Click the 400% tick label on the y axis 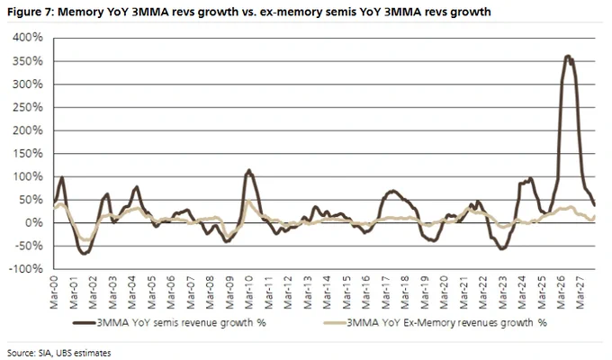pyautogui.click(x=28, y=38)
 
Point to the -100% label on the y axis pyautogui.click(x=25, y=268)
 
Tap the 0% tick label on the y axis pyautogui.click(x=34, y=223)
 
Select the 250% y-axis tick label pyautogui.click(x=28, y=107)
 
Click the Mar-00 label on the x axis pyautogui.click(x=54, y=292)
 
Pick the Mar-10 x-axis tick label pyautogui.click(x=249, y=292)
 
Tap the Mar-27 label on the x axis pyautogui.click(x=580, y=292)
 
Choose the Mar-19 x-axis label pyautogui.click(x=425, y=292)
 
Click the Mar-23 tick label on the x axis pyautogui.click(x=503, y=292)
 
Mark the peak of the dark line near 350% pyautogui.click(x=568, y=56)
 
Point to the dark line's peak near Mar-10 pyautogui.click(x=249, y=170)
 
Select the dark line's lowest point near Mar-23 pyautogui.click(x=502, y=248)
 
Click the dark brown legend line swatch pyautogui.click(x=85, y=323)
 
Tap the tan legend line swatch pyautogui.click(x=335, y=323)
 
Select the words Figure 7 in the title pyautogui.click(x=31, y=13)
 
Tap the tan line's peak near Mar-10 pyautogui.click(x=248, y=201)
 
